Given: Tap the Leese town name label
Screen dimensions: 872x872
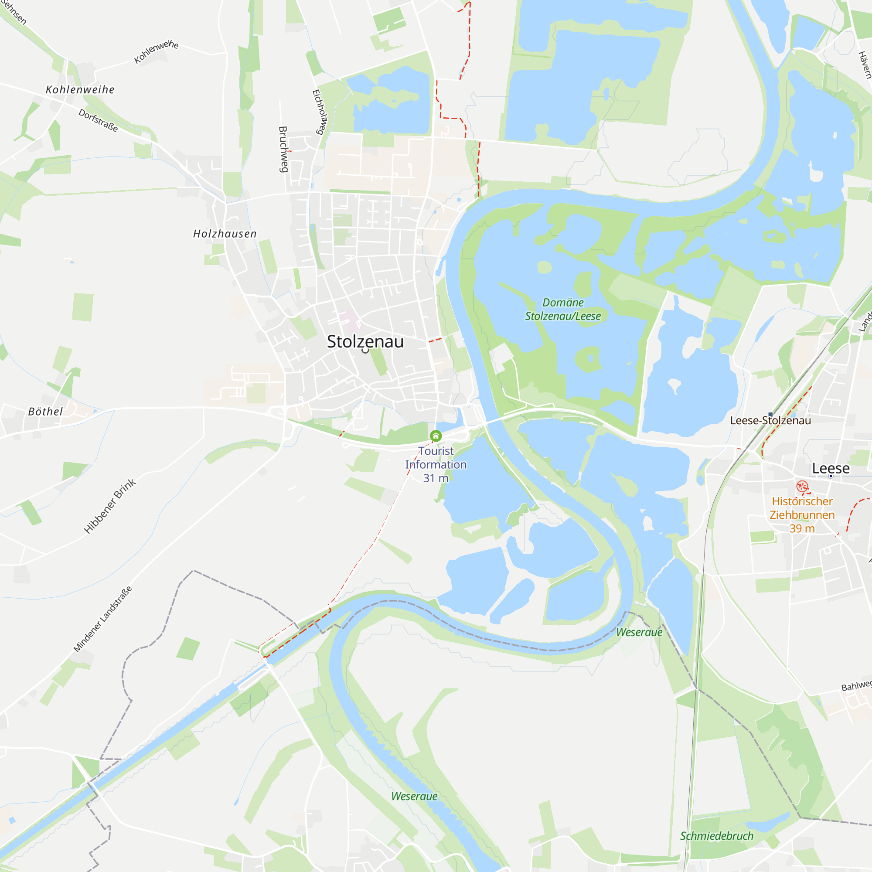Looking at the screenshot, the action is pos(831,469).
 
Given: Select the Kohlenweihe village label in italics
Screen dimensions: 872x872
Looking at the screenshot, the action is pos(80,90).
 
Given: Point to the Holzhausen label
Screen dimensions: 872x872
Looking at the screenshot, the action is pos(225,234).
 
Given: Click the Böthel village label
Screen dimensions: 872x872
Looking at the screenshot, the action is pos(46,412).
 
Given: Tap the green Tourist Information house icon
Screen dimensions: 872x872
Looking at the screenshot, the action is pos(436,436).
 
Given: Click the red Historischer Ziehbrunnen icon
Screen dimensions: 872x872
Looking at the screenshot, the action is pos(802,486).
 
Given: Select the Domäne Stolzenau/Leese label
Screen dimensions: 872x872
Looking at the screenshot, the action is pos(563,309).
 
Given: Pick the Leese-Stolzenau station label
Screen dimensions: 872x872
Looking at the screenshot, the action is pos(770,421).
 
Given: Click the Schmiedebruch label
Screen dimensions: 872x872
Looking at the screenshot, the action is pos(717,836).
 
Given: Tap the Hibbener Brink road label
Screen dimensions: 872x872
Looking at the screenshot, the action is pos(110,506).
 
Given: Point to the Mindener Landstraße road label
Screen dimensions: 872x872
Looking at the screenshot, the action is pos(103,619).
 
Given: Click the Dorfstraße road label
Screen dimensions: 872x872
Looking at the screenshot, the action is pos(99,120).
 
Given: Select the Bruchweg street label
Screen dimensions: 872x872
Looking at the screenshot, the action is pos(283,150).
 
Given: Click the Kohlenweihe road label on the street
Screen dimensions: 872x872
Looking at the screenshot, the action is pos(156,52).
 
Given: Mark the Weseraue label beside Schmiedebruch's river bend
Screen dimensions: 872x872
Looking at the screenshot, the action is pos(639,632).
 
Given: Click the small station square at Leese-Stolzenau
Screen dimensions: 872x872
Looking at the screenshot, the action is pos(770,414).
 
